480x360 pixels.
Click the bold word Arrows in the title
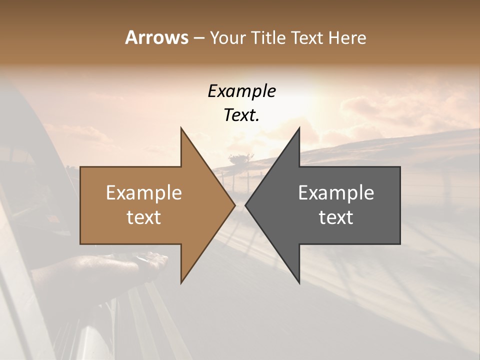(156, 37)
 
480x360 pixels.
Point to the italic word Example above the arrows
(241, 91)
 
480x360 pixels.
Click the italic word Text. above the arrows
(241, 115)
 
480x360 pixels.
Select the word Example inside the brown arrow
(144, 192)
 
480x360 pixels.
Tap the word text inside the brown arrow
(144, 217)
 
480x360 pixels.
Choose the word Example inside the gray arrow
(336, 192)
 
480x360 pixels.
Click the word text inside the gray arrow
(336, 217)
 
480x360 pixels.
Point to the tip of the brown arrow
(234, 205)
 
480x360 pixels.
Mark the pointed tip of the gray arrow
(245, 205)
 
